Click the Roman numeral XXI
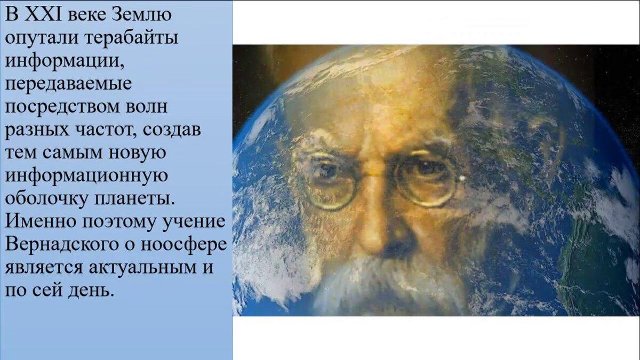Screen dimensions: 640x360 click(43, 14)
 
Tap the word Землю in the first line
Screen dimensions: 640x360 click(141, 14)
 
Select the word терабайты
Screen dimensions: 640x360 click(132, 37)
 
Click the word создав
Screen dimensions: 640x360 click(172, 130)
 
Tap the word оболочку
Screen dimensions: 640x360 click(46, 199)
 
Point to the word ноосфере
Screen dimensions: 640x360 click(184, 245)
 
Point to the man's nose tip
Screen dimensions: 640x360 click(374, 240)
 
